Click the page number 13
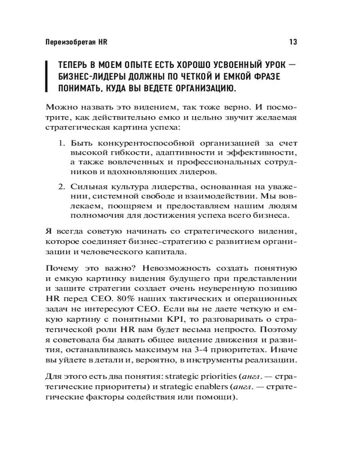pos(292,42)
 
